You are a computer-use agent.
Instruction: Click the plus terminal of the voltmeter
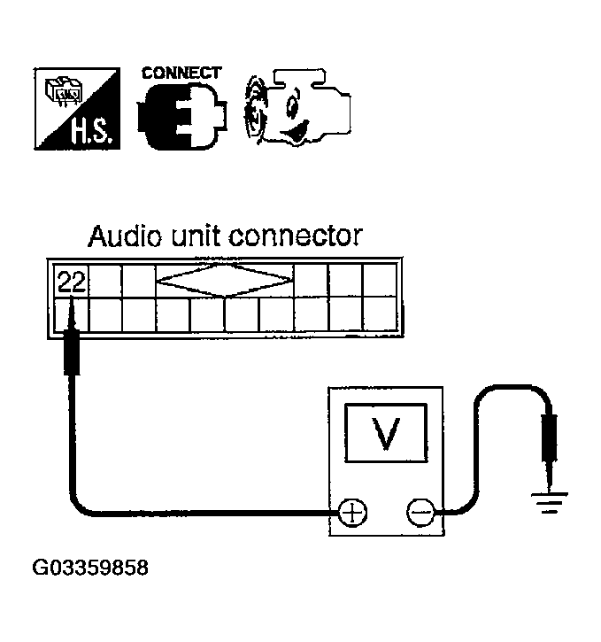[353, 511]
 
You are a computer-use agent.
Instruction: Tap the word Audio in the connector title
[121, 236]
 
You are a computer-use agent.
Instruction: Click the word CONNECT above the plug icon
[181, 73]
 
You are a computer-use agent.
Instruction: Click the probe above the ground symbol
[551, 447]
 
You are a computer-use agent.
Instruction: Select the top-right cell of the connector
[380, 281]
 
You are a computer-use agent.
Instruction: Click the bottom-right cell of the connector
[380, 314]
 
